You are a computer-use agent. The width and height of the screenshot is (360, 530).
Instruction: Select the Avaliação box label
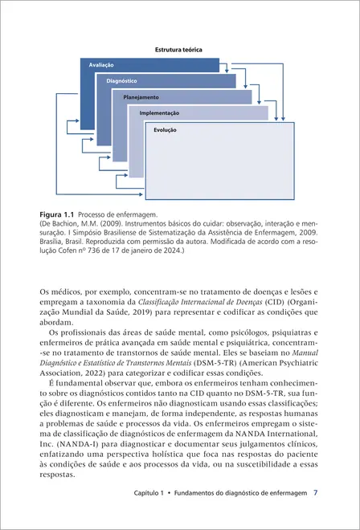tap(101, 64)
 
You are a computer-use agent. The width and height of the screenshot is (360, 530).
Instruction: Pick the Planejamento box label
tap(141, 97)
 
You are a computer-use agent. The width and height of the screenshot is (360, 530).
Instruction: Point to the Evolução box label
tap(165, 129)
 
